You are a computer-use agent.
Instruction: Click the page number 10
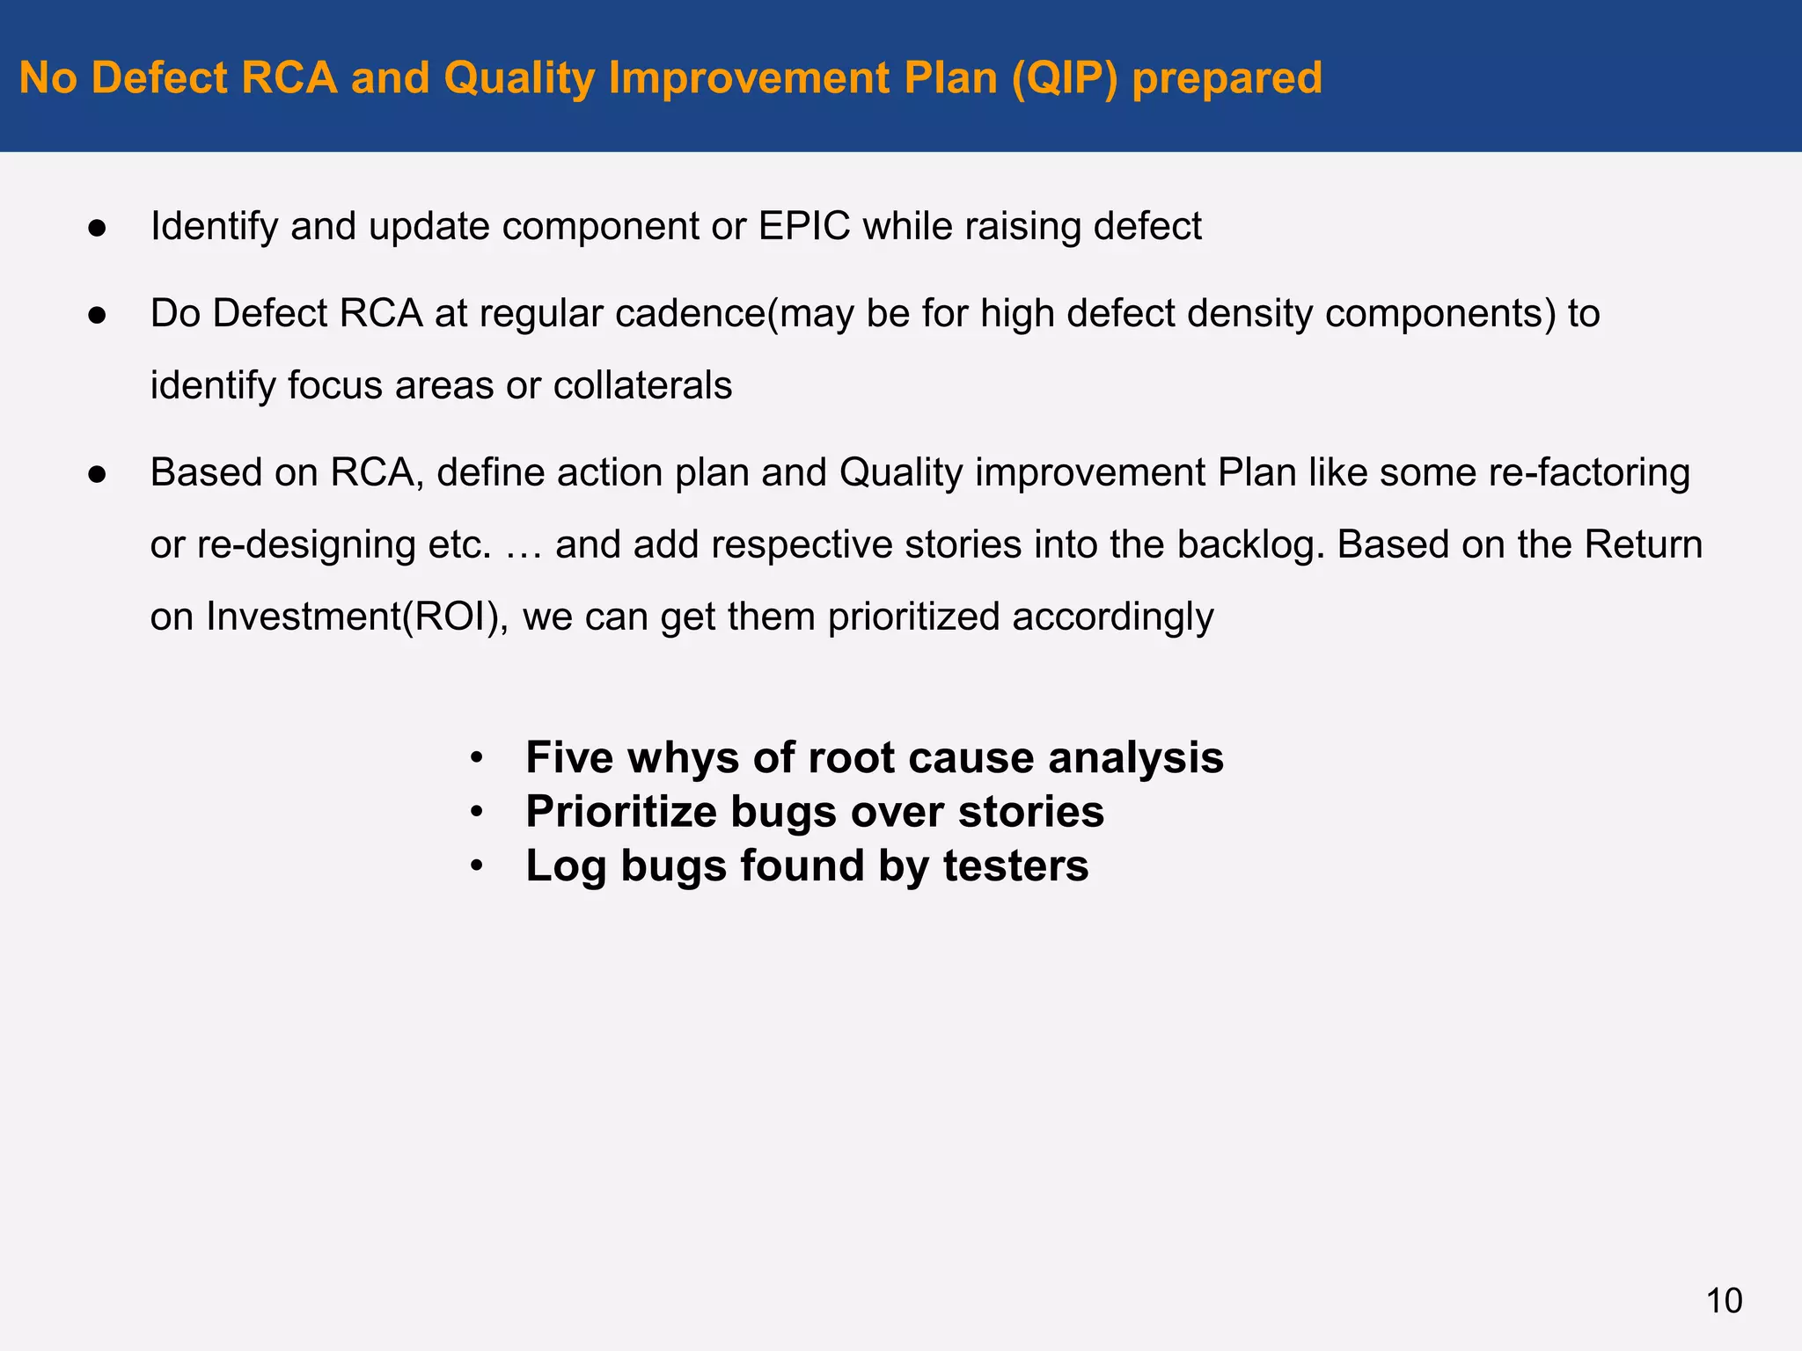(1724, 1300)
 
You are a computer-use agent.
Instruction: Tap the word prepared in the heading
(1227, 77)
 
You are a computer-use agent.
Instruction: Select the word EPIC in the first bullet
(804, 226)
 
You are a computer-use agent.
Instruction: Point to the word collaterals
(642, 385)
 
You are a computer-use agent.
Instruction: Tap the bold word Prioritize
(620, 811)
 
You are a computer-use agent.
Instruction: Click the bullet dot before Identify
(97, 229)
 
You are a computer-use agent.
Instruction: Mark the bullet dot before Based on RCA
(97, 475)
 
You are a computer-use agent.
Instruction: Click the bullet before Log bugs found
(476, 866)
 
